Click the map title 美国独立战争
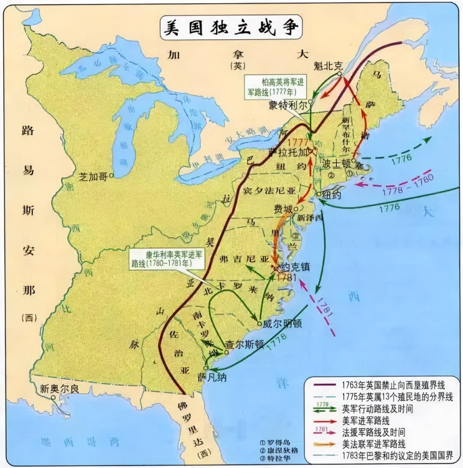(x=231, y=27)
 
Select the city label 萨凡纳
(x=212, y=377)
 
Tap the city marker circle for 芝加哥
(x=111, y=176)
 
